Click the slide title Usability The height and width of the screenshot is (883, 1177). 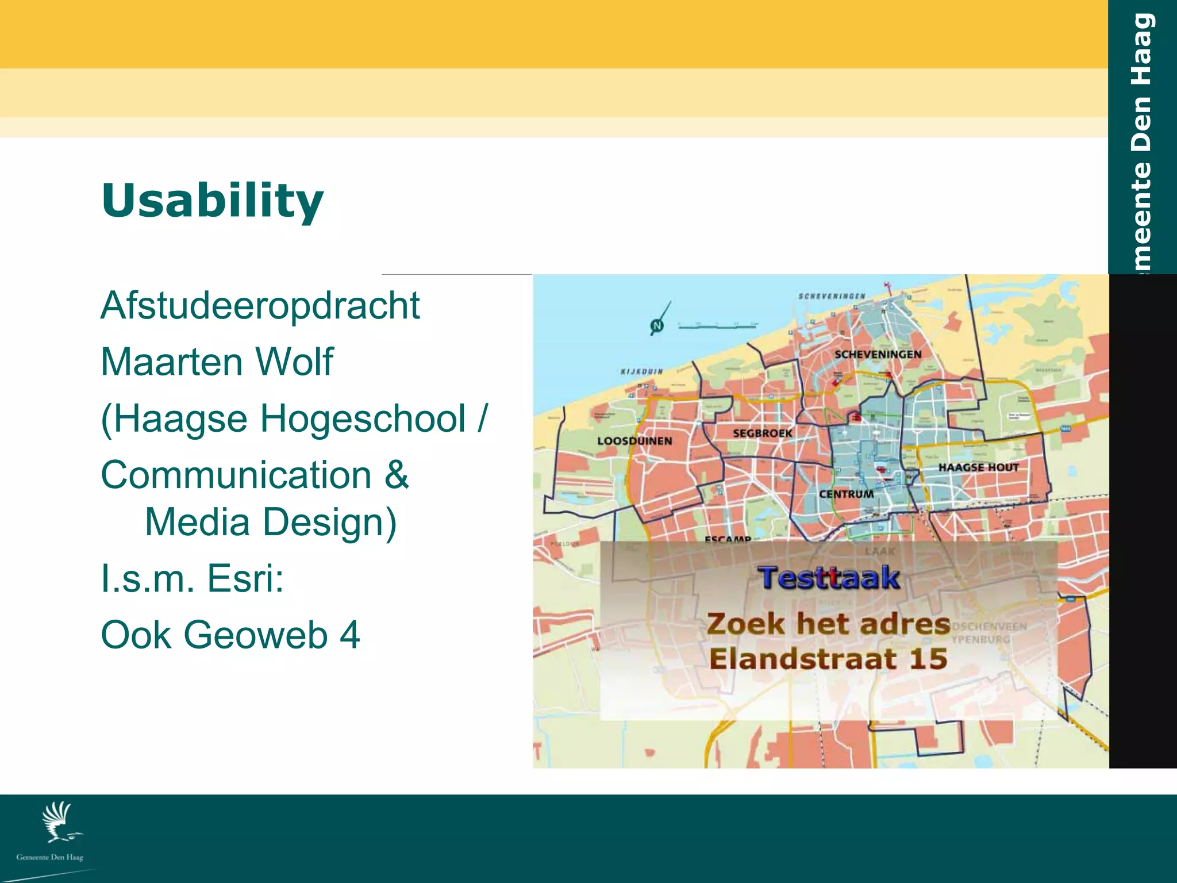[x=213, y=200]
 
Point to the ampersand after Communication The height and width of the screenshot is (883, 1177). [x=397, y=475]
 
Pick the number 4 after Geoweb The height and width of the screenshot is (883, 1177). [x=349, y=635]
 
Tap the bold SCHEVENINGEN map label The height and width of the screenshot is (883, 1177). [x=878, y=354]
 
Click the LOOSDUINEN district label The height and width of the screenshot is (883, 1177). [x=634, y=441]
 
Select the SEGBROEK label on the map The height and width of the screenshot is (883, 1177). [x=762, y=433]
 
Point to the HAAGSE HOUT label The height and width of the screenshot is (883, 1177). [x=978, y=467]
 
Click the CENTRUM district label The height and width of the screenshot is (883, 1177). [x=846, y=494]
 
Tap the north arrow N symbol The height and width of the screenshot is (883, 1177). [x=657, y=325]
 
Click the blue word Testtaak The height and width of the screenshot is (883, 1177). [x=828, y=578]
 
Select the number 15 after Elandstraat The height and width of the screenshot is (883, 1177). [x=928, y=659]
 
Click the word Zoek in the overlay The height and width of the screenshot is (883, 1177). [x=745, y=624]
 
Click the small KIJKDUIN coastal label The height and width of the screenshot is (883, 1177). [x=641, y=371]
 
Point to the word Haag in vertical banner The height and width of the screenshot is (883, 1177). [x=1141, y=49]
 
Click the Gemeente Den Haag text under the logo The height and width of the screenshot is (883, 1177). [x=49, y=857]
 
